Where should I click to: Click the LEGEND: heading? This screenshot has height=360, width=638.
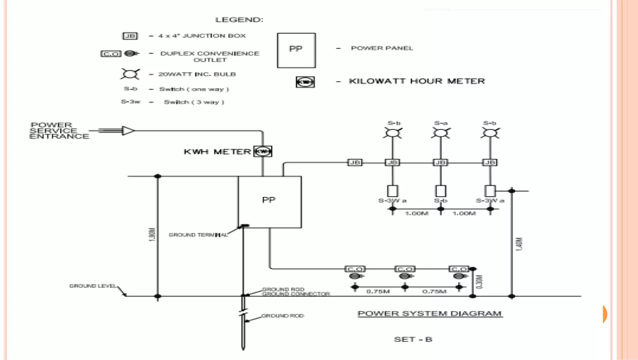pos(239,20)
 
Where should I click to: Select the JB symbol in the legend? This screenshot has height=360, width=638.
pos(130,36)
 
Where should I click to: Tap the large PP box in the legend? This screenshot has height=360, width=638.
pos(296,50)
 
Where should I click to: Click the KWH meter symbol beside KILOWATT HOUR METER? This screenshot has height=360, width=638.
pos(305,82)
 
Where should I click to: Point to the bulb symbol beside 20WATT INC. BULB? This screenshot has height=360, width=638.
pos(130,74)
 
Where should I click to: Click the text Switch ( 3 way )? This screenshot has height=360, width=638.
pos(194,102)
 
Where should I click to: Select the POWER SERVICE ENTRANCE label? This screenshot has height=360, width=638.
pos(59,131)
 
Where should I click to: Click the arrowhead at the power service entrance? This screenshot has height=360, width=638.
pos(128,131)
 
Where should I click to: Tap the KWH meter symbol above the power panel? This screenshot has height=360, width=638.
pos(263,151)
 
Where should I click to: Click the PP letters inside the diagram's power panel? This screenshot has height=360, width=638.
pos(269,200)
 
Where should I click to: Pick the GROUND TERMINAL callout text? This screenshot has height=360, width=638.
pos(198,235)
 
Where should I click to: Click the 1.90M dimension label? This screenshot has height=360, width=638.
pos(152,234)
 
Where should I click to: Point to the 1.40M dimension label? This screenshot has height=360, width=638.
pos(519,244)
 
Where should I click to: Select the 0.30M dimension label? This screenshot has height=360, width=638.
pos(479,282)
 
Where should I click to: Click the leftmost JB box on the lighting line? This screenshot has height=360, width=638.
pos(355,163)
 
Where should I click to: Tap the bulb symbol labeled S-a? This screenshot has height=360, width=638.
pos(440,133)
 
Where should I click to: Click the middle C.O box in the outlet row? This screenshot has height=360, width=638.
pos(405,269)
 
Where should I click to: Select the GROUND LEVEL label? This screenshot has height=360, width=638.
pos(93,286)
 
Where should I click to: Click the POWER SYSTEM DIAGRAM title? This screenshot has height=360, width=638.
pos(430,314)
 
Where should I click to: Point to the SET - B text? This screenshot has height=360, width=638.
pos(413,339)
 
